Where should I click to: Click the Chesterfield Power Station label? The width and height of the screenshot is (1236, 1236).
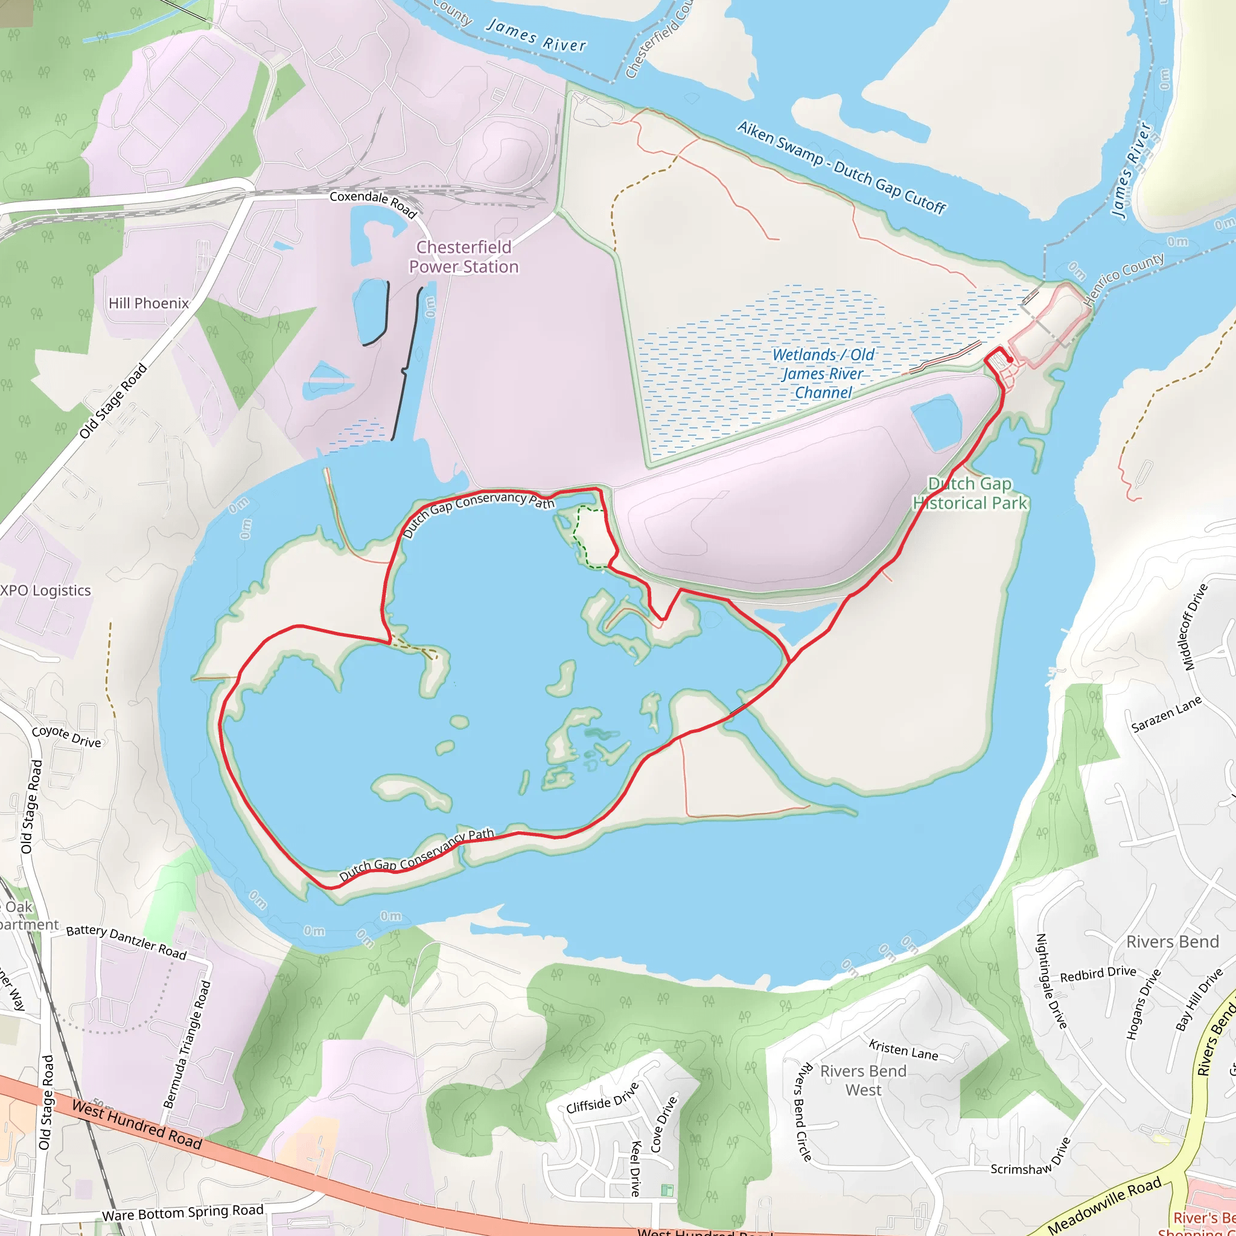pyautogui.click(x=464, y=256)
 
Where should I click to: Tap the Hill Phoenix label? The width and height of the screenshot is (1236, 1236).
pyautogui.click(x=148, y=303)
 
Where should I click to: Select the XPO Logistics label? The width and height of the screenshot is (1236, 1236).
pyautogui.click(x=45, y=590)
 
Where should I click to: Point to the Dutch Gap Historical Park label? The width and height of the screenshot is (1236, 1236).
pyautogui.click(x=970, y=493)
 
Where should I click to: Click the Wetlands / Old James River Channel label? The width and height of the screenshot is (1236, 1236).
pyautogui.click(x=823, y=374)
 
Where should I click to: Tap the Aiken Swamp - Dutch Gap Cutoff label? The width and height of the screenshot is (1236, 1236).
pyautogui.click(x=841, y=167)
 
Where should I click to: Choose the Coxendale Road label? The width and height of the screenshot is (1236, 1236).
pyautogui.click(x=373, y=203)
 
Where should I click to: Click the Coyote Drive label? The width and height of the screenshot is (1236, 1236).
pyautogui.click(x=66, y=736)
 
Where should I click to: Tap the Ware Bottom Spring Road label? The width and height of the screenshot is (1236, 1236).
pyautogui.click(x=183, y=1212)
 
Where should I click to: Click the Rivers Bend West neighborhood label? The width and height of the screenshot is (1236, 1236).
pyautogui.click(x=863, y=1080)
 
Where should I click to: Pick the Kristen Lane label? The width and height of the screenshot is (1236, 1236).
pyautogui.click(x=903, y=1050)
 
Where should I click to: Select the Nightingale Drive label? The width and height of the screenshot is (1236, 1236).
pyautogui.click(x=1051, y=981)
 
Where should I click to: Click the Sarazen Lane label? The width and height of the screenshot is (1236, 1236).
pyautogui.click(x=1166, y=715)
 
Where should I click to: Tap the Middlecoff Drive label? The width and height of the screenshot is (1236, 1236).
pyautogui.click(x=1194, y=627)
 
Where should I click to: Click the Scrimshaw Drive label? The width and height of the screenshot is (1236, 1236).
pyautogui.click(x=1031, y=1158)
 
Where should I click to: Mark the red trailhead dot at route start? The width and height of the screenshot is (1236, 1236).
pyautogui.click(x=1010, y=360)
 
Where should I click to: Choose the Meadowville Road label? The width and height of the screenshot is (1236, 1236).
pyautogui.click(x=1105, y=1205)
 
